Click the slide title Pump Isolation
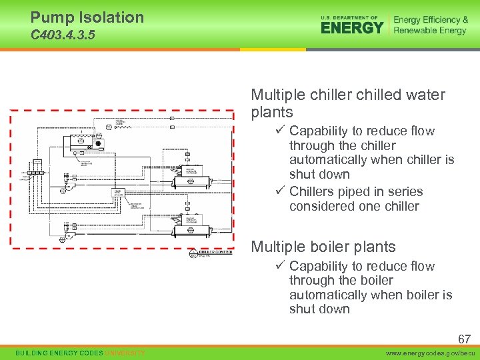(x=87, y=17)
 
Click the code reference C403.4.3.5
(x=63, y=35)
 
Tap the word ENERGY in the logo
(x=352, y=27)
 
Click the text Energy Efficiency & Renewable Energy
(x=430, y=25)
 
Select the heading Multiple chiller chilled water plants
(x=347, y=103)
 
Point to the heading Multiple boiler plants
(x=323, y=247)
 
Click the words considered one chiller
(x=354, y=207)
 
